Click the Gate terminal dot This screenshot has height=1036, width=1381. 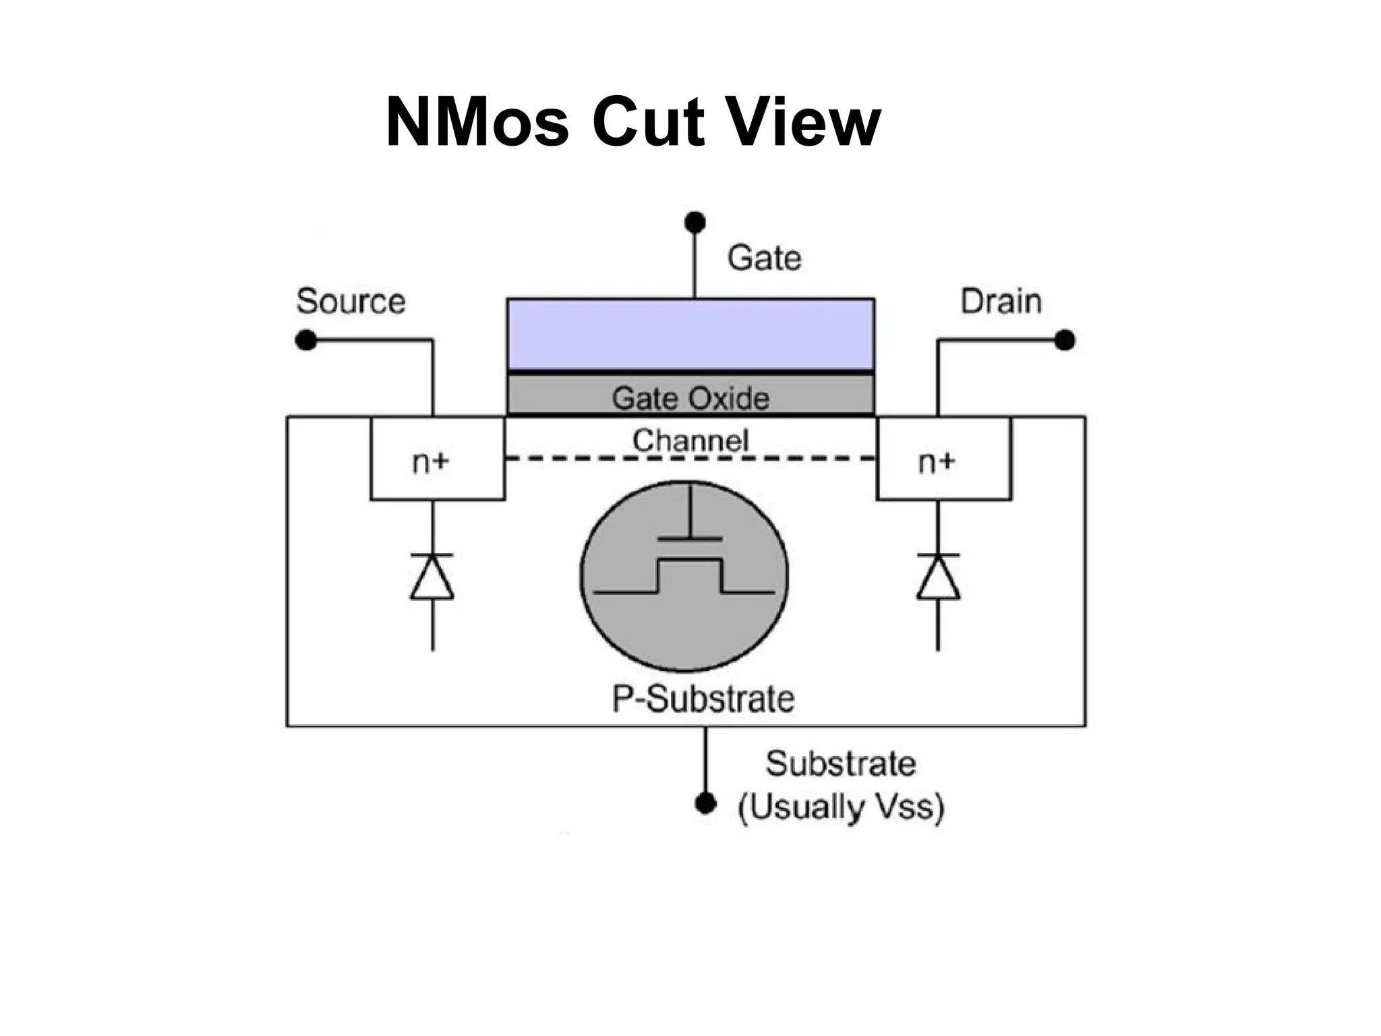[x=695, y=222]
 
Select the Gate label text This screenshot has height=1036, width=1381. [x=764, y=258]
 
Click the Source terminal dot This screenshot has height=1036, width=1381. [x=306, y=340]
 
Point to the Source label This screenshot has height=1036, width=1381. [x=351, y=301]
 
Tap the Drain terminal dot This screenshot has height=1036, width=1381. [x=1064, y=340]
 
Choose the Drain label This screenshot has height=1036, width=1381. [x=1001, y=301]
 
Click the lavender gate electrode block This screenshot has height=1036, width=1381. [x=690, y=334]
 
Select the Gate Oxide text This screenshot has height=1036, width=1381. [x=690, y=398]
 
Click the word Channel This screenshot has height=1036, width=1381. [x=690, y=440]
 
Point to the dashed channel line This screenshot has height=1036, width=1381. [x=690, y=459]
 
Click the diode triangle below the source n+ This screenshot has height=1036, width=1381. [x=432, y=579]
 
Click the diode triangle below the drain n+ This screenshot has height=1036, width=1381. [x=938, y=579]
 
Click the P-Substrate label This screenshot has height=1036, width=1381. [x=703, y=699]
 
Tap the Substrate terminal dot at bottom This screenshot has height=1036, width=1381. [x=705, y=803]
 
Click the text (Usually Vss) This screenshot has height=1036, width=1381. [x=841, y=807]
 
